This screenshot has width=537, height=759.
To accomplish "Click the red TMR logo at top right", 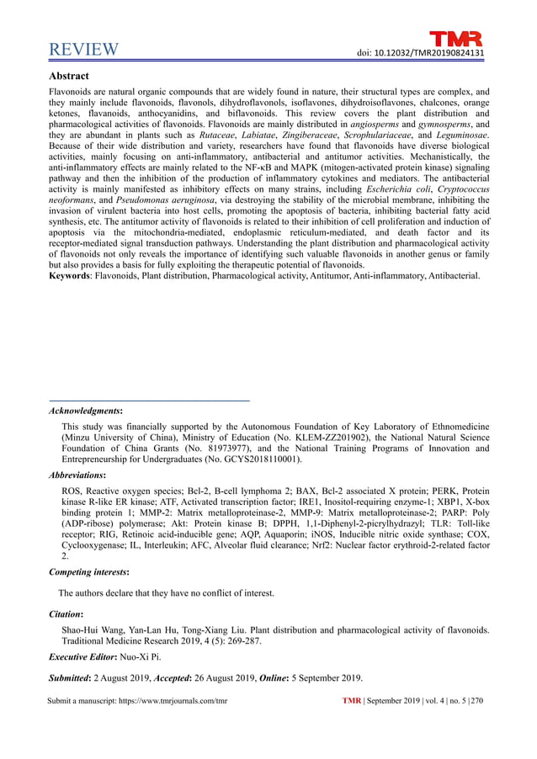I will click(x=457, y=39).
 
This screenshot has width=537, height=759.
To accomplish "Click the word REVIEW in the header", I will click(x=84, y=50).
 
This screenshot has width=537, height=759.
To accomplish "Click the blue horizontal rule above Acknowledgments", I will click(x=151, y=400).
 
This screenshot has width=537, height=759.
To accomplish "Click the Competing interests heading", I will click(x=93, y=572).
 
